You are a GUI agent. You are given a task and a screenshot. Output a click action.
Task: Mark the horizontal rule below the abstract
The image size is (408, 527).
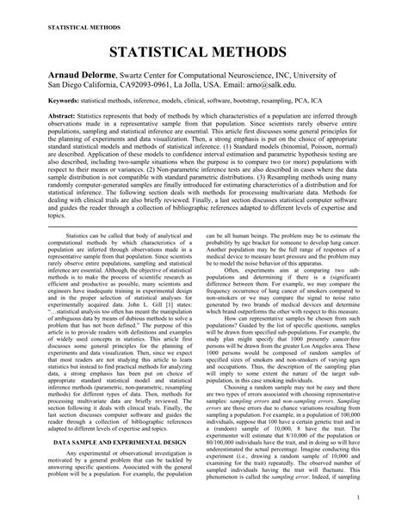[203, 224]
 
